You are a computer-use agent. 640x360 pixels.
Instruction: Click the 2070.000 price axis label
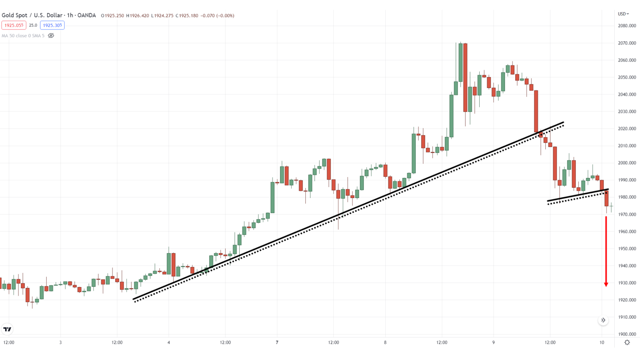[627, 43]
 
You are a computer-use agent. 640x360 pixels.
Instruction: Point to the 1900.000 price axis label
[627, 334]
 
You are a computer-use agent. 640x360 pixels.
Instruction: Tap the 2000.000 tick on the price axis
[627, 163]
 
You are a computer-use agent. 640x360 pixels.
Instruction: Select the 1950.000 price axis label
[627, 248]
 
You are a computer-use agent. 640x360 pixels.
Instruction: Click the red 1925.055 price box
[14, 25]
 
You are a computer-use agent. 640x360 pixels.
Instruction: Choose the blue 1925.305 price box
[52, 25]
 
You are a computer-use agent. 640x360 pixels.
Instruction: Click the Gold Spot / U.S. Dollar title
[49, 15]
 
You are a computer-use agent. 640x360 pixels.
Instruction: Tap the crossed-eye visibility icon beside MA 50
[51, 36]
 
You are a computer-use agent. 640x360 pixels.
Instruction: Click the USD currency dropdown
[623, 14]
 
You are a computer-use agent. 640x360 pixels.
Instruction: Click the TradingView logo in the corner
[7, 329]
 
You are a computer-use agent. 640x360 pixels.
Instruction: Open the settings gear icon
[627, 342]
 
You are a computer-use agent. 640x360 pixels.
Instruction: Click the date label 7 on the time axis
[277, 342]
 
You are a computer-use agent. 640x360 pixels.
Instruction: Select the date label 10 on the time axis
[602, 342]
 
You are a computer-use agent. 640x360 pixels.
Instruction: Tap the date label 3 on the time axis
[60, 342]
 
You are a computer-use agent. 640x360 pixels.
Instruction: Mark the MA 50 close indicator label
[23, 36]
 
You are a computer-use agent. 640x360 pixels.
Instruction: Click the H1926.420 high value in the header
[138, 16]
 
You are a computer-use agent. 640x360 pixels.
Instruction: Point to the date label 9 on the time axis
[493, 342]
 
